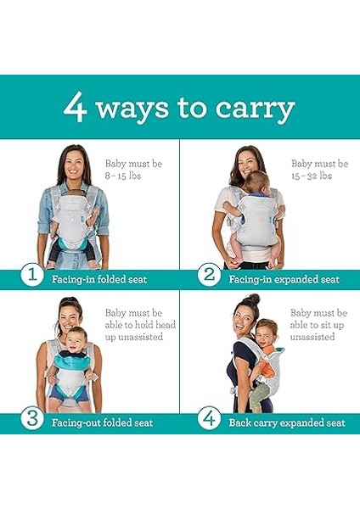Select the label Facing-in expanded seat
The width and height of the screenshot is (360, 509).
(x=284, y=278)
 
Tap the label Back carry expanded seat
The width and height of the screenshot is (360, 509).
(x=287, y=422)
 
